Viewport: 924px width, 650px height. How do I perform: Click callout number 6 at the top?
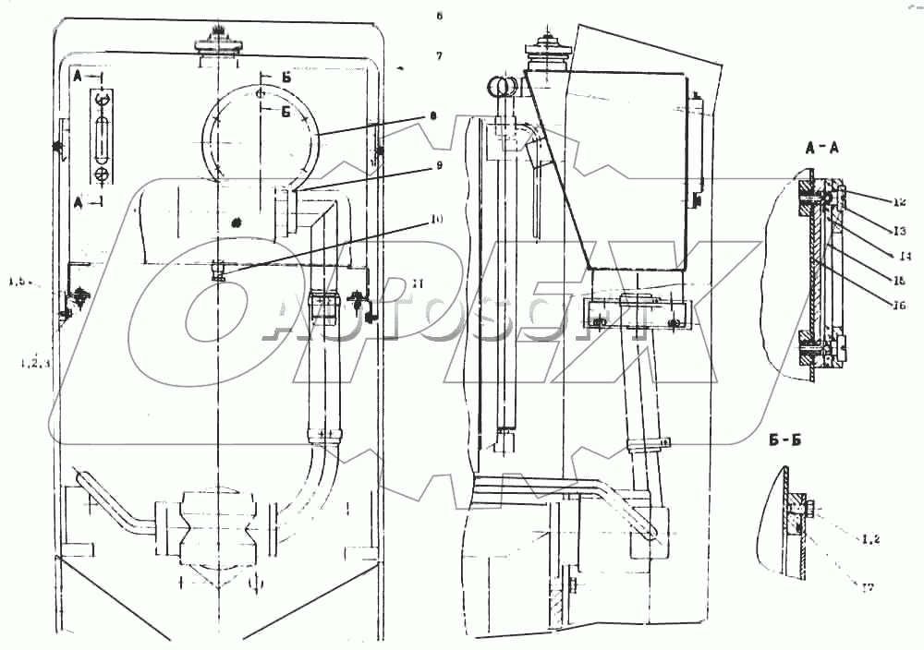click(x=440, y=16)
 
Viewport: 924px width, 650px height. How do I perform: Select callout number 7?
click(x=440, y=56)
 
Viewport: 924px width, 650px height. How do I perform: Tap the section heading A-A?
click(x=822, y=147)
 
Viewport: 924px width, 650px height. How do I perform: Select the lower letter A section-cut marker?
click(x=79, y=200)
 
